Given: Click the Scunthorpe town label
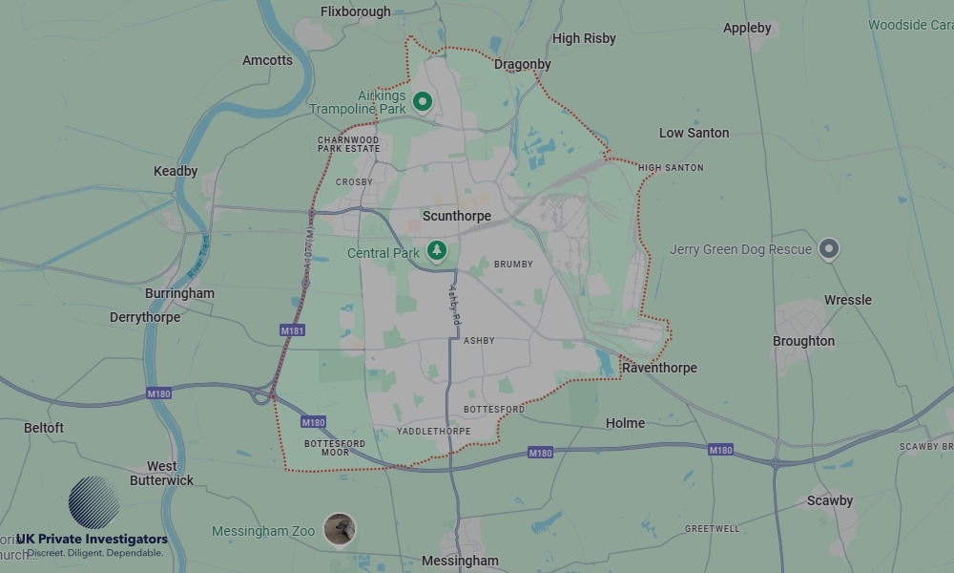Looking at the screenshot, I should click(457, 216).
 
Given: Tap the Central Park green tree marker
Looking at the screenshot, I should click(437, 251).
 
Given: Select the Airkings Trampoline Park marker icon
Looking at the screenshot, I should click(423, 101).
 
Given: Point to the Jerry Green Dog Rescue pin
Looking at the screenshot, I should click(830, 249).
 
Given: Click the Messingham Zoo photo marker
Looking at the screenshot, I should click(339, 529).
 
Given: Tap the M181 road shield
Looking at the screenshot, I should click(293, 330).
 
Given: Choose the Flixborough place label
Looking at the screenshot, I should click(356, 11).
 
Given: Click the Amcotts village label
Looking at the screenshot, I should click(267, 60).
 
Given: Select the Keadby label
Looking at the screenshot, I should click(176, 171).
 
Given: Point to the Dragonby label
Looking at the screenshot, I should click(523, 64).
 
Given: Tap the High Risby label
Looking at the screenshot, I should click(584, 38).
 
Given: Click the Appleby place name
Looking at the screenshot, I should click(747, 28).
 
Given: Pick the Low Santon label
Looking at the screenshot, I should click(695, 133).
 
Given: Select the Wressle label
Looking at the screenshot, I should click(848, 300).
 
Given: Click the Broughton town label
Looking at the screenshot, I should click(804, 341).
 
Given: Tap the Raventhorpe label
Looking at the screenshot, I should click(659, 368).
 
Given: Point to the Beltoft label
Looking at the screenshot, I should click(44, 428).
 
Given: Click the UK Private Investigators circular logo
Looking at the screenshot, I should click(93, 502).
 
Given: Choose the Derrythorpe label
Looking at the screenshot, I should click(145, 317).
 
